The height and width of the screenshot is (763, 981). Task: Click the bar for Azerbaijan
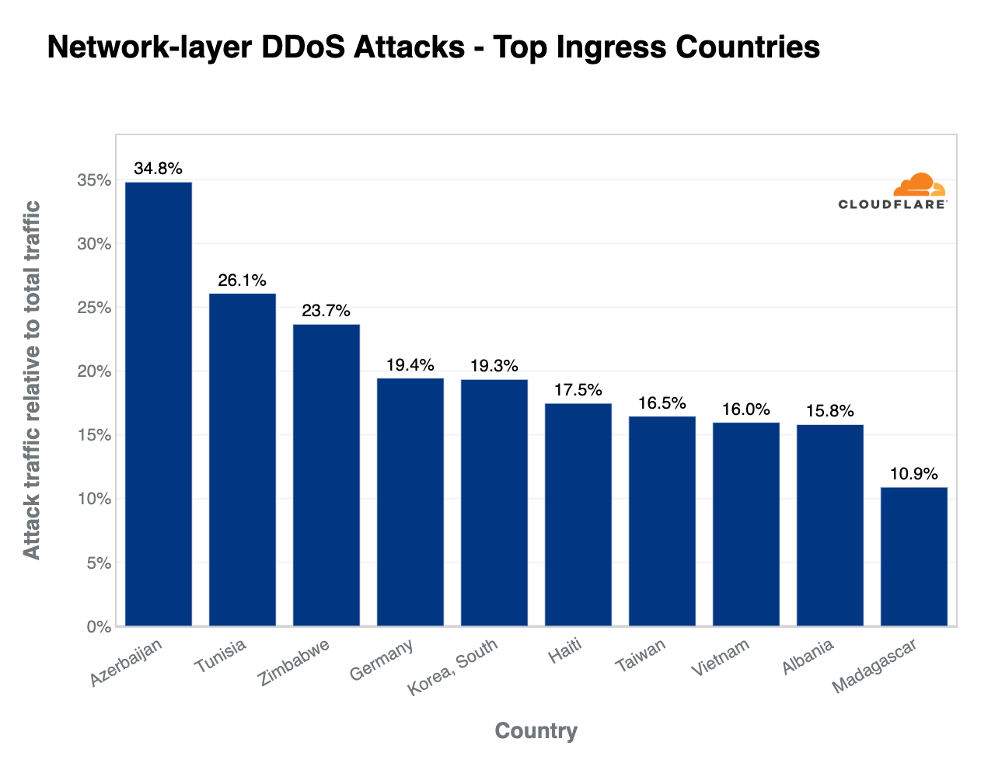point(159,404)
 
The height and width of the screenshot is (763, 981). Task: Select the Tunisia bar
point(243,460)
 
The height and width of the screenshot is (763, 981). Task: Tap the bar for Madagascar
point(914,556)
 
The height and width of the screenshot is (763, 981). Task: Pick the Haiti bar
point(578,514)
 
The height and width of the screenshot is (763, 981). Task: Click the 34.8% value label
point(159,169)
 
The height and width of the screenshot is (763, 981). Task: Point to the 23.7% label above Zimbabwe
point(326,311)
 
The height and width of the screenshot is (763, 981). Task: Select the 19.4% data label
point(410,365)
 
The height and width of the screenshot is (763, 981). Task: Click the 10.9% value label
point(914,474)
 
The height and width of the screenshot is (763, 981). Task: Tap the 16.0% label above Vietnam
point(746,409)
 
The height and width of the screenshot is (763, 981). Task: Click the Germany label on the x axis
point(382,660)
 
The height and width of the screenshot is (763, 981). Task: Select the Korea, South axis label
point(453,667)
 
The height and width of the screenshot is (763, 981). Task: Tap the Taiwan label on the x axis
point(641,656)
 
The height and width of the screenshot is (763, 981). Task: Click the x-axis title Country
point(536,731)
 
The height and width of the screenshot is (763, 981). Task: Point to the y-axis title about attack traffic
point(31,379)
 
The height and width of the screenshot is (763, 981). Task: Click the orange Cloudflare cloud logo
point(919,186)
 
